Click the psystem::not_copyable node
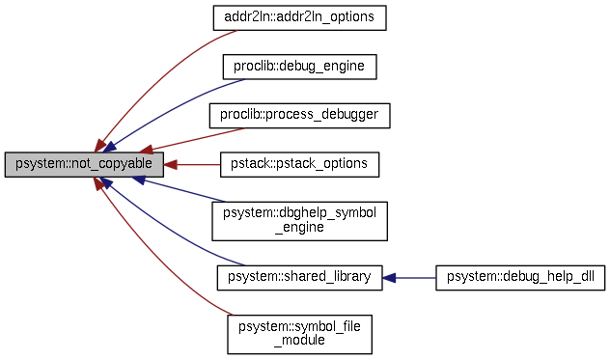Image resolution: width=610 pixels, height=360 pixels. click(x=84, y=164)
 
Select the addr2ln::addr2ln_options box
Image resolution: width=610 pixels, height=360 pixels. click(x=299, y=18)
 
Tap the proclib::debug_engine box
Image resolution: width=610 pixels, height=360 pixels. click(x=299, y=67)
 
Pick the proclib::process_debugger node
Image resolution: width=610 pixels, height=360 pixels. click(x=299, y=115)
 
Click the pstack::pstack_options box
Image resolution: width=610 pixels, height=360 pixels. click(x=299, y=164)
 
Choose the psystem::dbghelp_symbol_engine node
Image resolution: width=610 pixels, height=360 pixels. click(x=299, y=221)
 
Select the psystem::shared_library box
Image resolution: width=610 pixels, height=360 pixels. click(x=299, y=278)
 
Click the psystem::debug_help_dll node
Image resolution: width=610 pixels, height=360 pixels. click(x=520, y=278)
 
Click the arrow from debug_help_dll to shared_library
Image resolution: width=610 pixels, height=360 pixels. click(x=410, y=278)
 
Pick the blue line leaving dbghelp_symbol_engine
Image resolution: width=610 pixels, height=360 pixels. click(x=183, y=190)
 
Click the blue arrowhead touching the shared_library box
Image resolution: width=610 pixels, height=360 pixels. click(x=388, y=278)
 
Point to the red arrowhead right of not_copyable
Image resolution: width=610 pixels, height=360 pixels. click(x=170, y=164)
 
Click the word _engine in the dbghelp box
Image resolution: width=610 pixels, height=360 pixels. click(x=299, y=229)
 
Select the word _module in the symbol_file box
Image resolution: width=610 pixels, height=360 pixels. click(x=299, y=341)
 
